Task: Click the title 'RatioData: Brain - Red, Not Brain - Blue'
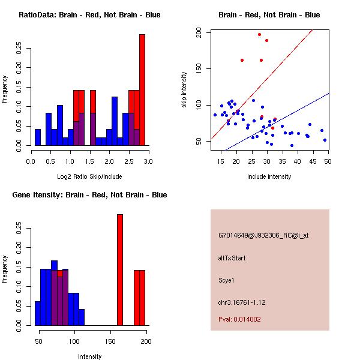(x=89, y=15)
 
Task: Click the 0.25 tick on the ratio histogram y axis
(x=19, y=47)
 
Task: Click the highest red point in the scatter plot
(x=259, y=35)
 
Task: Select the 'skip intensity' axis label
(x=185, y=90)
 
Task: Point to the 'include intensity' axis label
(x=269, y=176)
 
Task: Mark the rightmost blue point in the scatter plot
(x=325, y=140)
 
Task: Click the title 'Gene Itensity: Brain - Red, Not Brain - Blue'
(x=89, y=195)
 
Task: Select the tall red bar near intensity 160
(x=119, y=270)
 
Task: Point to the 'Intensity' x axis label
(x=89, y=356)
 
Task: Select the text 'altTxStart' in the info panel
(x=232, y=258)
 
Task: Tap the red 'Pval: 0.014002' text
(x=239, y=320)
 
